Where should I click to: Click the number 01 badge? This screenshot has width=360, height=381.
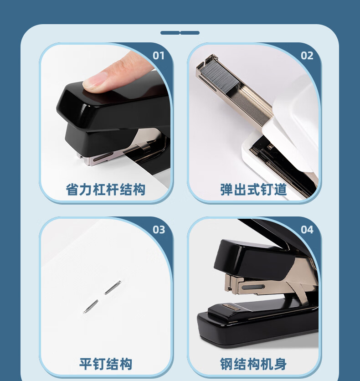pos(158,56)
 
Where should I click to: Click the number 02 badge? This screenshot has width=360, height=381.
pos(307,56)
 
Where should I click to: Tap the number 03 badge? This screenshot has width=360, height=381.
pos(159,230)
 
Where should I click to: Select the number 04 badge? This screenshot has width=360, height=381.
pos(307,230)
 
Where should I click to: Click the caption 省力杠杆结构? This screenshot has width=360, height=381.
pos(106,190)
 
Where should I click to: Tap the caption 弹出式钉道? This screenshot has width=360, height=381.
pos(253,190)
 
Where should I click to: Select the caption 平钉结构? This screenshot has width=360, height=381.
pos(106,364)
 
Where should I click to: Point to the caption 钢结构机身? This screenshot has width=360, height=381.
pos(253,364)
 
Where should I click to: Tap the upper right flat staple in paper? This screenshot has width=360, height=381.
pos(112,288)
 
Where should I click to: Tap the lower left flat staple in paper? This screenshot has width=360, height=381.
pos(91,306)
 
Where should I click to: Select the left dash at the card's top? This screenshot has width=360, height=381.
pos(170,33)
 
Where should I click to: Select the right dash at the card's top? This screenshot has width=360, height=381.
pos(190,33)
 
